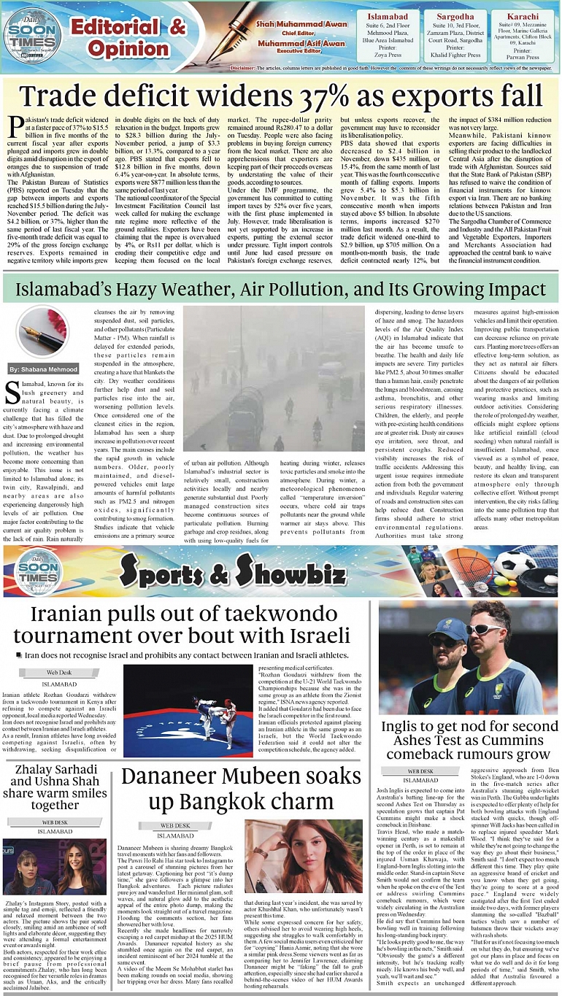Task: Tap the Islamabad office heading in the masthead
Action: click(x=388, y=16)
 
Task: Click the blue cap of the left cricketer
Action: click(x=447, y=628)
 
